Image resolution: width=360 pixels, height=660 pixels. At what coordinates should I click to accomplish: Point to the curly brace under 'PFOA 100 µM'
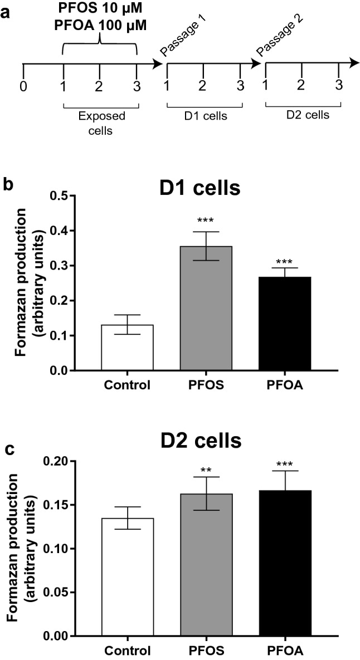100,45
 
